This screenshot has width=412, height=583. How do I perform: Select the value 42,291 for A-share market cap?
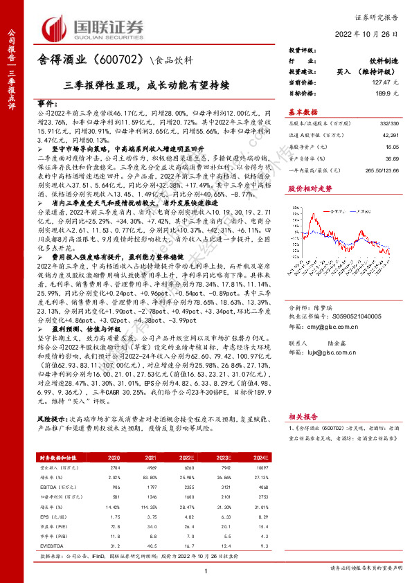coord(391,136)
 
